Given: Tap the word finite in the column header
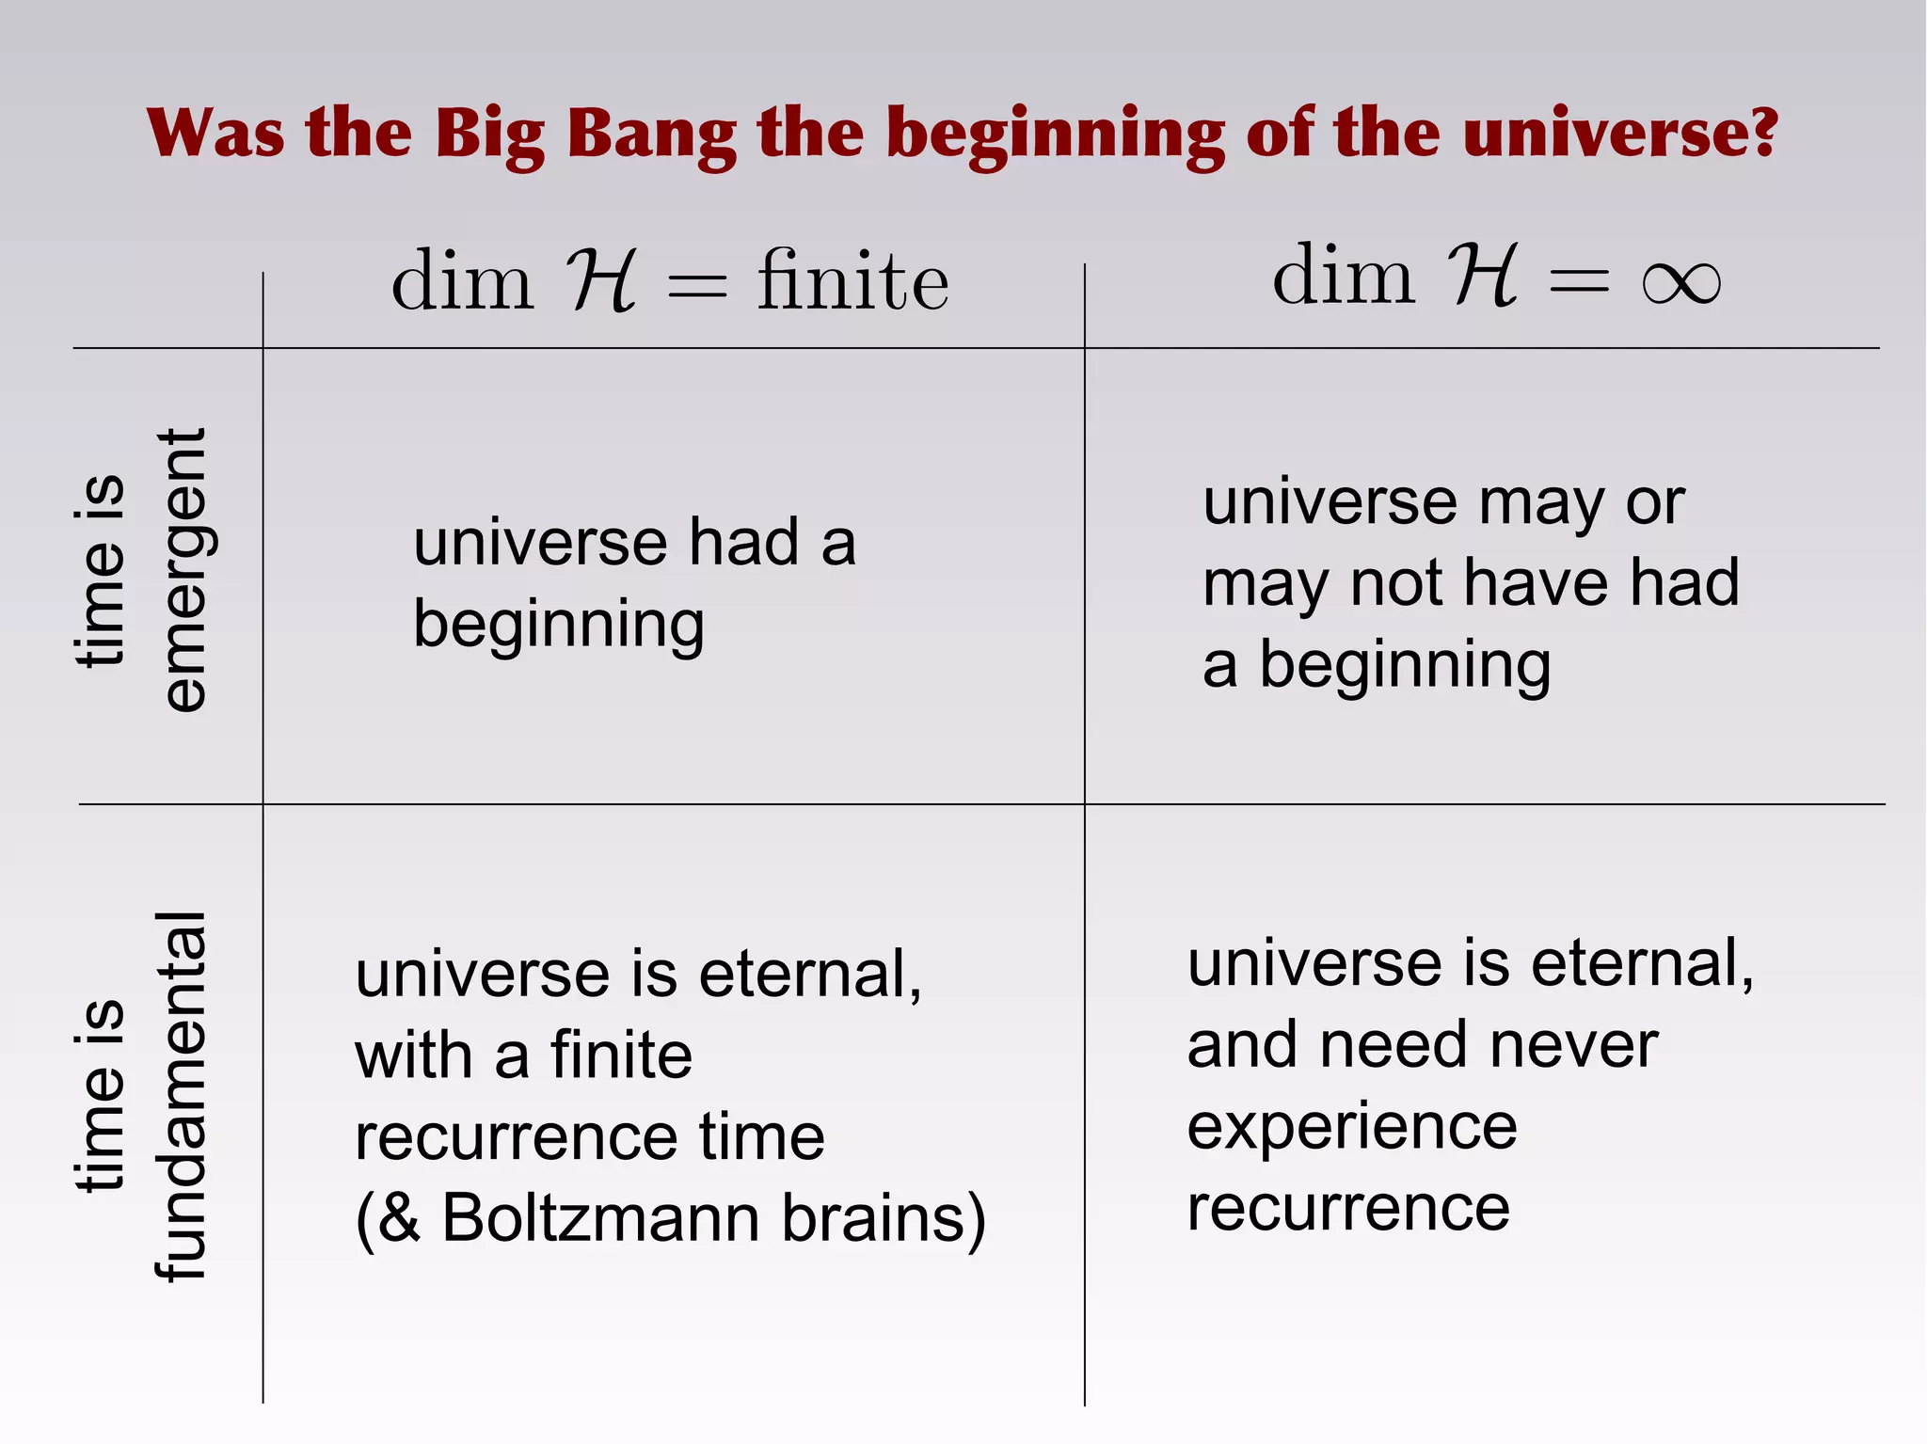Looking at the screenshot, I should point(852,281).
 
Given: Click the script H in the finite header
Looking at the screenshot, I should point(601,281).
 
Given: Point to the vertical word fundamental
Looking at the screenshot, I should point(180,1096).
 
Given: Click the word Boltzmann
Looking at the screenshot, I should point(600,1218).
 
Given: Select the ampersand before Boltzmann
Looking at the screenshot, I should point(400,1218).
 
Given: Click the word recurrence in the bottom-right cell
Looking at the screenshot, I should point(1347,1208).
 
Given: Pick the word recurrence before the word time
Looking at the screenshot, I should point(515,1137).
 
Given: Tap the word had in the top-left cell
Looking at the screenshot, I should point(743,543).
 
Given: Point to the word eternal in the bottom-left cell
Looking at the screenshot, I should point(809,975).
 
